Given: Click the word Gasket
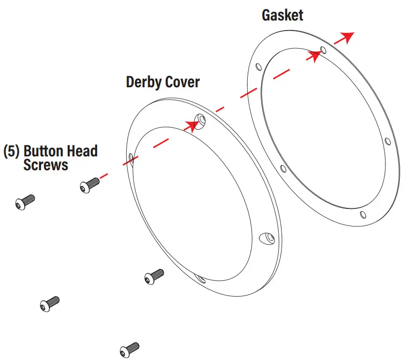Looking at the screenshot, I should (282, 15).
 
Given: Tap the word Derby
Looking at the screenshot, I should (141, 82).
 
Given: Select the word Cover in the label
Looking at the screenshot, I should (182, 82).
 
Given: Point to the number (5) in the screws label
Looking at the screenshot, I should (11, 152).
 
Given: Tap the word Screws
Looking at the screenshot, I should (45, 165).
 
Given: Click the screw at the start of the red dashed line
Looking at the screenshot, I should (89, 184).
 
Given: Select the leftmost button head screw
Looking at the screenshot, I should (25, 202).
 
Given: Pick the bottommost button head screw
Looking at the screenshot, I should (129, 350).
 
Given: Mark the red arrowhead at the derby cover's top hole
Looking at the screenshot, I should (192, 125).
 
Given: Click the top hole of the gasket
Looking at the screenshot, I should (323, 50).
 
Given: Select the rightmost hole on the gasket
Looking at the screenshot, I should (387, 142).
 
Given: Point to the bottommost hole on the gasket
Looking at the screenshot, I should (363, 214).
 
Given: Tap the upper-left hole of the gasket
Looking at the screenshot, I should (258, 67).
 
